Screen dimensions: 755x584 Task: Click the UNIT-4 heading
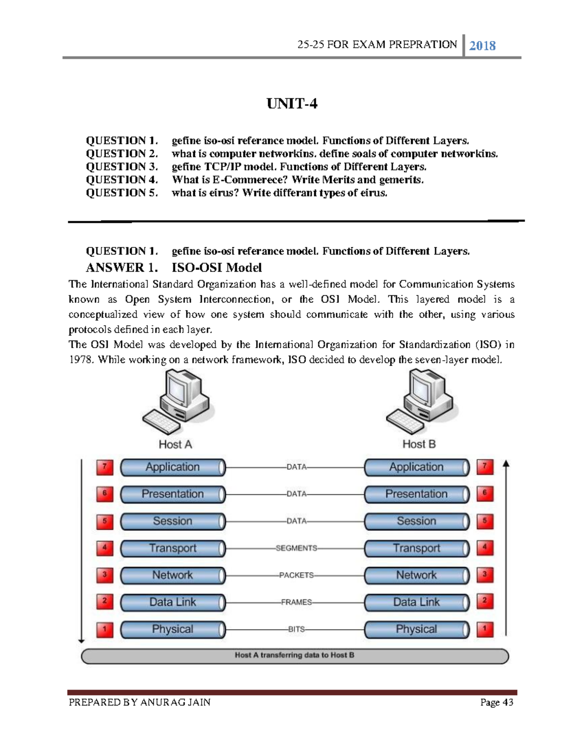tap(292, 104)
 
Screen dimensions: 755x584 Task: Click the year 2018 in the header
tap(482, 46)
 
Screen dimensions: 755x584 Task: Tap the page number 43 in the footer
tap(508, 702)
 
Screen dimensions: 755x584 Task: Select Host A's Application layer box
tap(173, 467)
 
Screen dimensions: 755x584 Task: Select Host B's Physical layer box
tap(417, 629)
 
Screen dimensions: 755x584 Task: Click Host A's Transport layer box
tap(173, 548)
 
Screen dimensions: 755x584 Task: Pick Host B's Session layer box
tap(417, 521)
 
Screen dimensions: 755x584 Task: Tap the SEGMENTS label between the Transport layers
tap(296, 548)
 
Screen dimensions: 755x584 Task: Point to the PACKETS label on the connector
tap(296, 575)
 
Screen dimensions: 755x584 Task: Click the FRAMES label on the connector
tap(296, 602)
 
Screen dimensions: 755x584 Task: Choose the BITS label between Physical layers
tap(296, 629)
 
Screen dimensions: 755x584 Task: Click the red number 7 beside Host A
tap(105, 467)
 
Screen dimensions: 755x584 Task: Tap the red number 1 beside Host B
tap(485, 629)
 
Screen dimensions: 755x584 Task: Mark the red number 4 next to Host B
tap(485, 548)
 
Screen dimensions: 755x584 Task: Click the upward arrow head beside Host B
tap(506, 464)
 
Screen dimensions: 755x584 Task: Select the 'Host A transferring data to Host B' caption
tap(294, 655)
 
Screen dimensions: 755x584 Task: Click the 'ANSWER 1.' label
tap(122, 267)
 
